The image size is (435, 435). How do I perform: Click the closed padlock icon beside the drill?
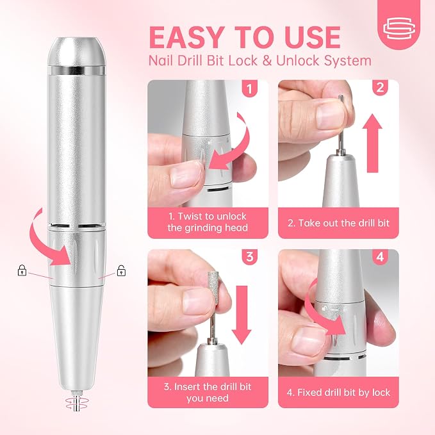tap(22, 270)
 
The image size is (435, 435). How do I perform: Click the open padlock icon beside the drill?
tap(121, 270)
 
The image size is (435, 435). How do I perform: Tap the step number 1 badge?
tap(250, 88)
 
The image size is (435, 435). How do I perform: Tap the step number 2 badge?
tap(380, 88)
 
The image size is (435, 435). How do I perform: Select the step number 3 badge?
tap(250, 257)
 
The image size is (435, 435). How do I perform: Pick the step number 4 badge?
tap(380, 257)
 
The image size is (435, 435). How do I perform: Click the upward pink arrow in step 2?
tap(372, 143)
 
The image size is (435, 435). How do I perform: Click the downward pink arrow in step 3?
tap(241, 315)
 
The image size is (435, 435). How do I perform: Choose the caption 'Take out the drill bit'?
tap(338, 223)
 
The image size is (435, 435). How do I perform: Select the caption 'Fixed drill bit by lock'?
tap(338, 393)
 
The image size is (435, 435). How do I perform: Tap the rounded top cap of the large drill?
tap(77, 51)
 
